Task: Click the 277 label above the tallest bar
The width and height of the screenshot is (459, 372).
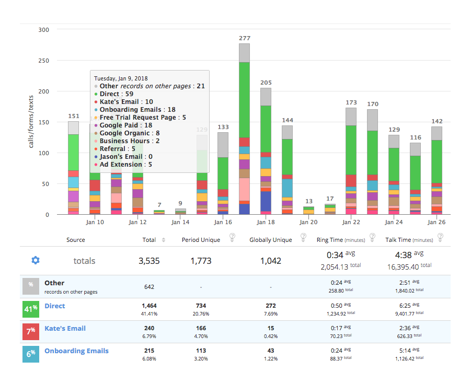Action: click(x=244, y=38)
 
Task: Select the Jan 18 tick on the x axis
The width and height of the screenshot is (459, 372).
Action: click(x=266, y=222)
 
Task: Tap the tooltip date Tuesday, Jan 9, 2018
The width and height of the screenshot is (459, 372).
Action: click(x=121, y=78)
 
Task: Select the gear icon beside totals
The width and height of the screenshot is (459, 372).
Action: click(x=36, y=260)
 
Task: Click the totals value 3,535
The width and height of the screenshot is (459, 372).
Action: click(x=149, y=261)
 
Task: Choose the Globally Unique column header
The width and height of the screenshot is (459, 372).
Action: click(x=270, y=240)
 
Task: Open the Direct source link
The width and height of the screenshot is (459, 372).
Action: click(x=54, y=306)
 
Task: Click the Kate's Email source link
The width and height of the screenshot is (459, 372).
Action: click(x=65, y=328)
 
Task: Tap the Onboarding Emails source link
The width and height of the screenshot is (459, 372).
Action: click(x=76, y=351)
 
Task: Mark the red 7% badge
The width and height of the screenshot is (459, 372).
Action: click(x=31, y=331)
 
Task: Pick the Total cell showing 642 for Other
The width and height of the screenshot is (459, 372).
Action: click(x=149, y=287)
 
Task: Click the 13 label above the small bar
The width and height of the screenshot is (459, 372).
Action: click(x=309, y=201)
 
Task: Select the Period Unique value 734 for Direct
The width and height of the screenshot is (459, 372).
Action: click(x=201, y=306)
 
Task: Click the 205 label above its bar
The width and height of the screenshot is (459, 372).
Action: click(x=266, y=83)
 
